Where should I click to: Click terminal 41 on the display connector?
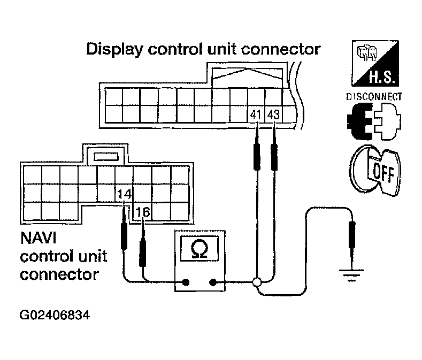[256, 114]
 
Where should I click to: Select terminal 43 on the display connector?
[273, 114]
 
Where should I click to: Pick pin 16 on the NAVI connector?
[143, 212]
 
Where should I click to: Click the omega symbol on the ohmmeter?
[199, 249]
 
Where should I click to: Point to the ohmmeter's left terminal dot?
[186, 282]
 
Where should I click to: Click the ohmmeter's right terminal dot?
[213, 282]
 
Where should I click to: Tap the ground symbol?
[352, 274]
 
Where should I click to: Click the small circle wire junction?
[257, 282]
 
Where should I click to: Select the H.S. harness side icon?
[375, 63]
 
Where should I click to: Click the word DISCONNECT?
[374, 97]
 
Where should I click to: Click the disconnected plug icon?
[374, 121]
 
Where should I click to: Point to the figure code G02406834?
[55, 315]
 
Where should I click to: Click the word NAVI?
[38, 238]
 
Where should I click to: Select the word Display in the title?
[114, 50]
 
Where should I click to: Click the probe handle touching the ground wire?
[352, 234]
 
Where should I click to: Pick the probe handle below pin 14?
[124, 236]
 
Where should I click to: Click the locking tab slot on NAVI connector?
[106, 157]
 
